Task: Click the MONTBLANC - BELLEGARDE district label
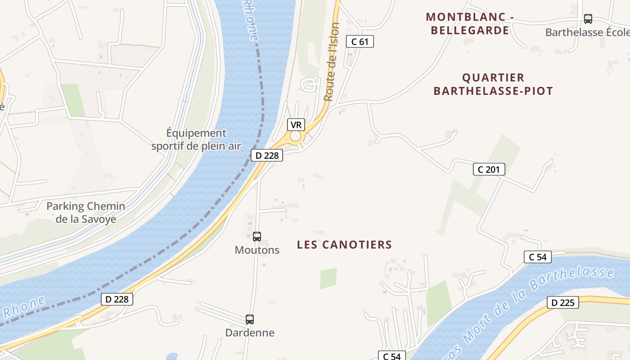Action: pyautogui.click(x=470, y=24)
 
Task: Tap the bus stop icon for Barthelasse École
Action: pyautogui.click(x=588, y=19)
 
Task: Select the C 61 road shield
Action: pyautogui.click(x=360, y=42)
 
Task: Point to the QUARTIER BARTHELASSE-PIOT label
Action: pyautogui.click(x=493, y=84)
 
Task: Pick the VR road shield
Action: pyautogui.click(x=296, y=125)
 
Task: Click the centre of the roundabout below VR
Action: pyautogui.click(x=295, y=136)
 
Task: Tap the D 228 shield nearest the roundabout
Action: pyautogui.click(x=266, y=156)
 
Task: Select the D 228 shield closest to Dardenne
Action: pyautogui.click(x=117, y=299)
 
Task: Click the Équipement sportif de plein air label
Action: pyautogui.click(x=196, y=139)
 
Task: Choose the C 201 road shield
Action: pyautogui.click(x=489, y=170)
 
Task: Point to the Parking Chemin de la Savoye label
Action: pyautogui.click(x=86, y=213)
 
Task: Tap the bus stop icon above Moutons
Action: pyautogui.click(x=257, y=236)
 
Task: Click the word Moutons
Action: pyautogui.click(x=257, y=250)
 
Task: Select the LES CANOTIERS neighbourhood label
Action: pyautogui.click(x=344, y=245)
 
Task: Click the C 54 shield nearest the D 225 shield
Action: pyautogui.click(x=537, y=257)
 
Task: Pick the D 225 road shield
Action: pyautogui.click(x=562, y=303)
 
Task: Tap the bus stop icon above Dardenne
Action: pyautogui.click(x=250, y=319)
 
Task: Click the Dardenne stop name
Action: pyautogui.click(x=250, y=333)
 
